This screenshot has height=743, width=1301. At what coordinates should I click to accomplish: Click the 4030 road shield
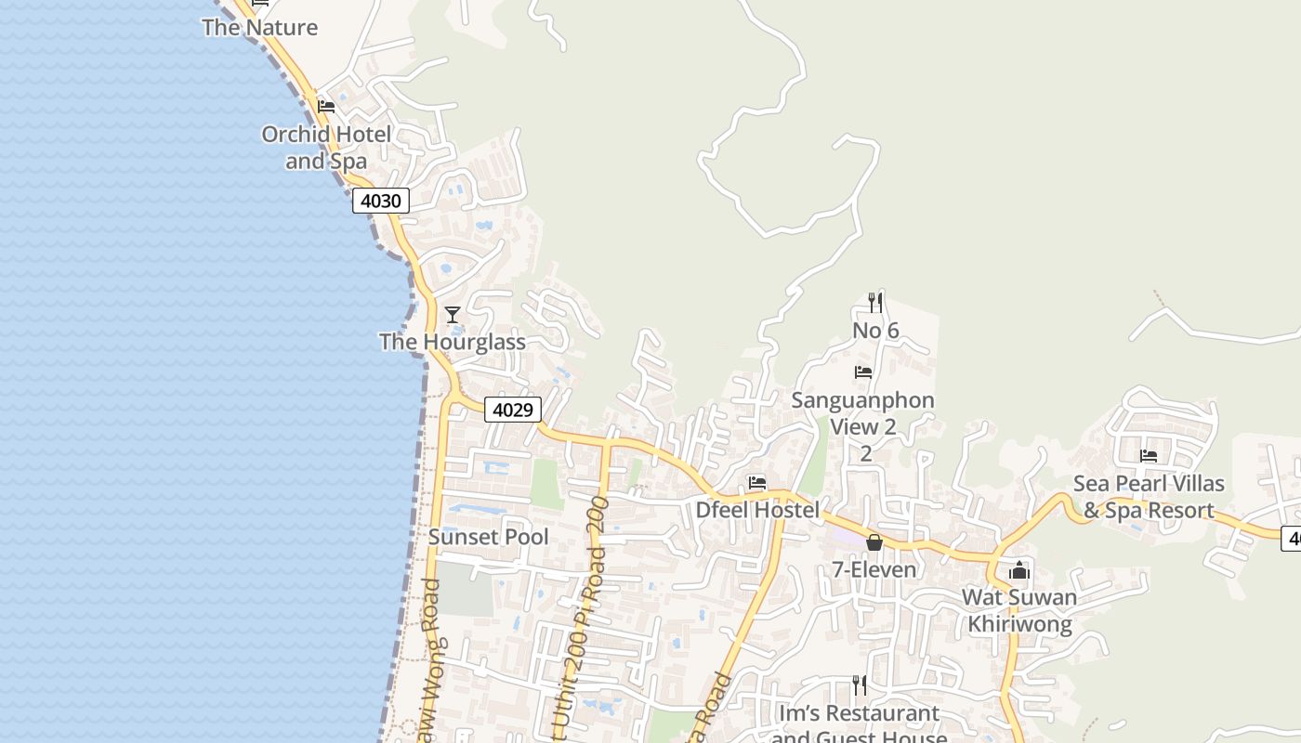tap(380, 201)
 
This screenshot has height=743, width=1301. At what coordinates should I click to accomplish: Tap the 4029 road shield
tap(512, 410)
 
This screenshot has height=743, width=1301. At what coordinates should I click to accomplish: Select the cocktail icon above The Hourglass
tap(453, 315)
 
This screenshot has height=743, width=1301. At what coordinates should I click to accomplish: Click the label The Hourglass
tap(453, 342)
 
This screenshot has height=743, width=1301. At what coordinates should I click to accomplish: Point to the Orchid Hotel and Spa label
tap(326, 148)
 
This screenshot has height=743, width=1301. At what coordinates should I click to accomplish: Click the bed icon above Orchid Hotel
tap(326, 107)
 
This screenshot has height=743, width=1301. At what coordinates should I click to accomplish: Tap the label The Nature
tap(260, 27)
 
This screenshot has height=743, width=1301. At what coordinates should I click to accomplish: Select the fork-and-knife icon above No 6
tap(874, 302)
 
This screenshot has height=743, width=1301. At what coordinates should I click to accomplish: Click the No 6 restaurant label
tap(875, 331)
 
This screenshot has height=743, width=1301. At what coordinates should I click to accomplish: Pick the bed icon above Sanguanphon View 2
tap(863, 372)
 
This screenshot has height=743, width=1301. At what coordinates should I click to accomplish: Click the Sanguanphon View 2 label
tap(863, 414)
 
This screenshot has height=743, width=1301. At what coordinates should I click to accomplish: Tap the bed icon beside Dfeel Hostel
tap(757, 483)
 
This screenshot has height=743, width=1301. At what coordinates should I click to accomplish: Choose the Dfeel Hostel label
tap(757, 510)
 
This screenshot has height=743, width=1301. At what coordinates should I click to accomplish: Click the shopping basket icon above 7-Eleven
tap(874, 542)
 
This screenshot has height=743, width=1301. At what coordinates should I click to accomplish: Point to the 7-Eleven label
tap(867, 569)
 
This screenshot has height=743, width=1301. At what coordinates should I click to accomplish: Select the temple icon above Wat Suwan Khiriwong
tap(1019, 570)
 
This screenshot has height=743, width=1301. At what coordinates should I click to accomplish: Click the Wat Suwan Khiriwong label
tap(1019, 610)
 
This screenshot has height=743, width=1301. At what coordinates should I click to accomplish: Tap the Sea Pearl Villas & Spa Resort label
tap(1149, 497)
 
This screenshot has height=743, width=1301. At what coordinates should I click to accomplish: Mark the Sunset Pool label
tap(488, 537)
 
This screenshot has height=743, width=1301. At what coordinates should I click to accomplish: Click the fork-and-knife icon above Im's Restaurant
tap(860, 685)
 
